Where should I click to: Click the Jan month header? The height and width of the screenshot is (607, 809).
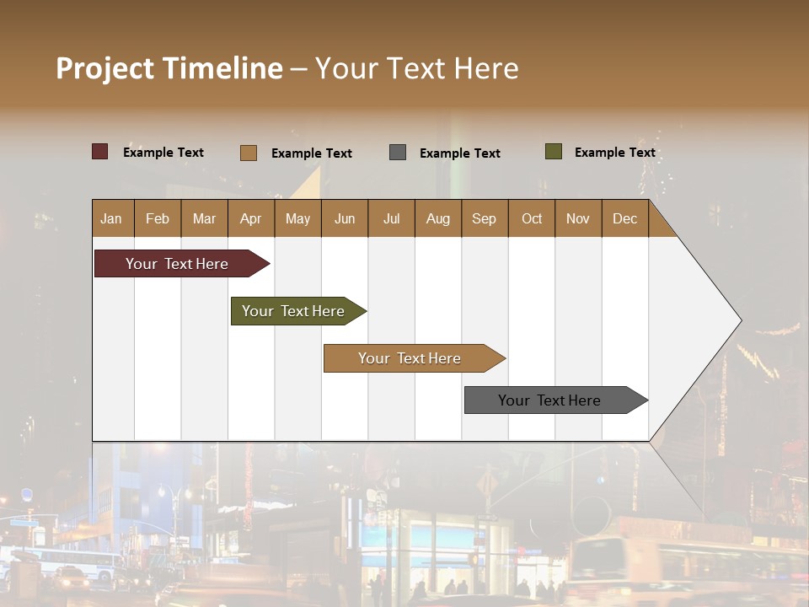point(112,218)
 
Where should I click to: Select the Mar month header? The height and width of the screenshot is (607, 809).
point(204,218)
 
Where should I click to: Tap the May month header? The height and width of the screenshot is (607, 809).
point(297,218)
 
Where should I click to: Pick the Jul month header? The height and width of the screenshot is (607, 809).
point(391,218)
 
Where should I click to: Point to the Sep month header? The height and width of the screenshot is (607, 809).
point(485,218)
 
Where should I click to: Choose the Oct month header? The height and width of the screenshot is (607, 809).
point(532,218)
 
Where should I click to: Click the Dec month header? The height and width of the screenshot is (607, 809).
point(625,218)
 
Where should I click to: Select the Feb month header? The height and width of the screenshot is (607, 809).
point(158,218)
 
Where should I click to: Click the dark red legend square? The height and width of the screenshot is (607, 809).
point(99,152)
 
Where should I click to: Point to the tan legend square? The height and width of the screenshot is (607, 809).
point(249,153)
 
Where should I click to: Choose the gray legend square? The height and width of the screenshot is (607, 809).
point(398,153)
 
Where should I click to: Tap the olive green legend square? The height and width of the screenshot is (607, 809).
point(553,152)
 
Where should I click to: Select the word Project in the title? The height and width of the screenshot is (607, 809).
point(104,68)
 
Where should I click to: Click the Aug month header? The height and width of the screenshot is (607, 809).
point(438,218)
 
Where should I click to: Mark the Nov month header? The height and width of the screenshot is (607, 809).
point(578,218)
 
